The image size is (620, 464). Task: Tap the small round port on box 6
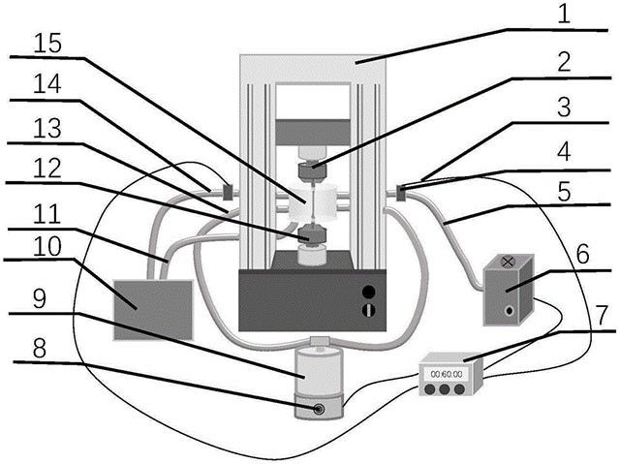(x=508, y=311)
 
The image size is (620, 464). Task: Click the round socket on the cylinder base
(x=318, y=410)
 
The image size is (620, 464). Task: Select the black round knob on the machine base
(x=368, y=292)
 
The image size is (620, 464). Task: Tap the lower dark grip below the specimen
(x=312, y=233)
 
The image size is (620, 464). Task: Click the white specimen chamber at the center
(x=313, y=202)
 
